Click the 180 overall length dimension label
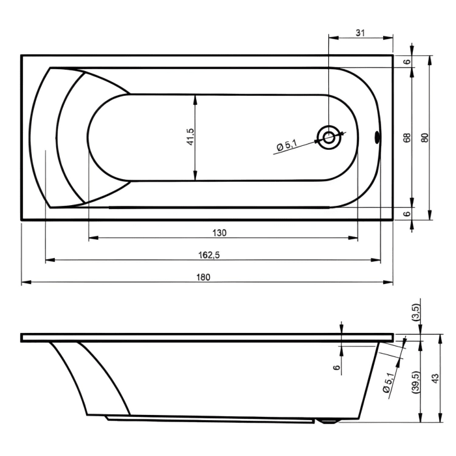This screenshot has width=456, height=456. tap(204, 277)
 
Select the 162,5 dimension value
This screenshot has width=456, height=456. tap(208, 255)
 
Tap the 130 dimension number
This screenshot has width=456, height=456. tap(220, 233)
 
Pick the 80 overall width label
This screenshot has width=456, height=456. tap(425, 137)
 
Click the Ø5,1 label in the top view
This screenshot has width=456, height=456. tap(287, 147)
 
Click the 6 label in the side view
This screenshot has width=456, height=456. tap(337, 367)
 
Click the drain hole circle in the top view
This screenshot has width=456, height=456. tap(329, 137)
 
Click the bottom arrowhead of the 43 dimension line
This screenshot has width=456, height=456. tap(421, 420)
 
